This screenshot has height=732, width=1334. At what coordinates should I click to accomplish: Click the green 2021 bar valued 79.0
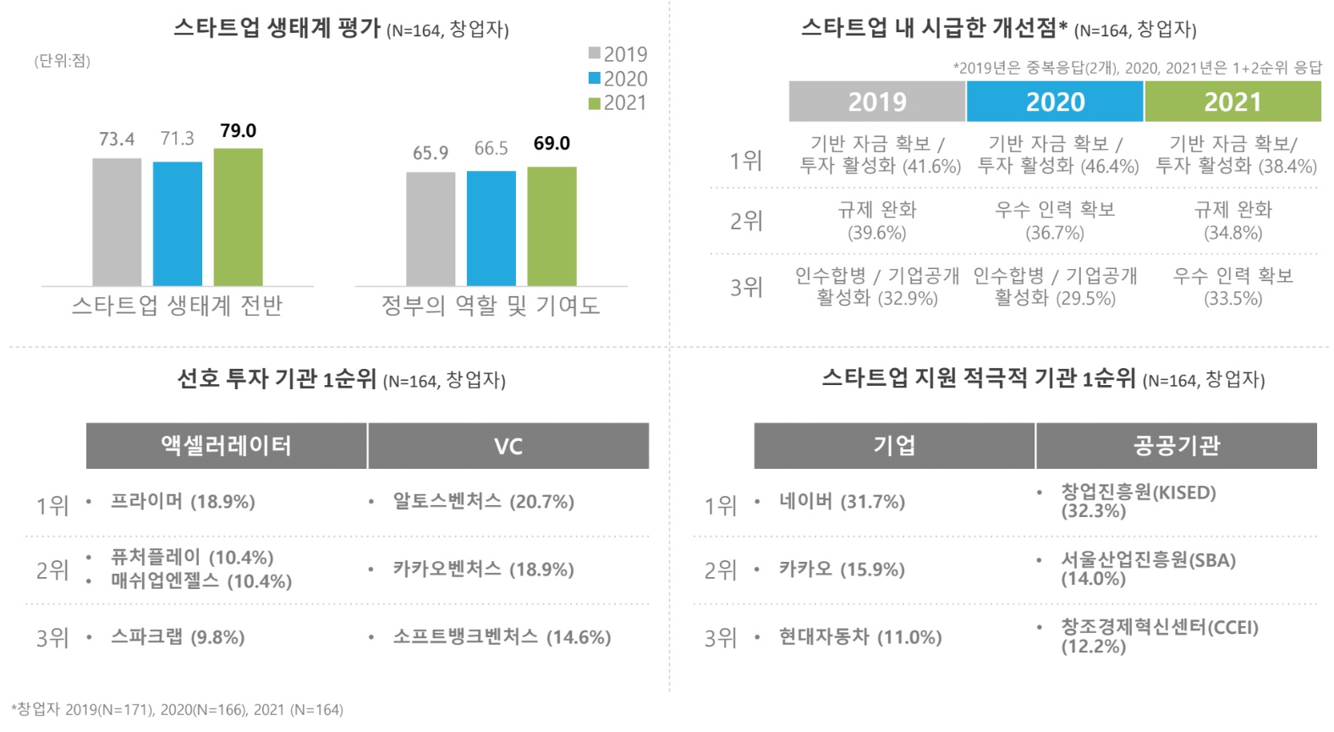tap(238, 217)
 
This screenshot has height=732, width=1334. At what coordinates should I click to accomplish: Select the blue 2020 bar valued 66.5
tap(491, 228)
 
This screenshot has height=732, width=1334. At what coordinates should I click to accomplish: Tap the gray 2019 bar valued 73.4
tap(117, 222)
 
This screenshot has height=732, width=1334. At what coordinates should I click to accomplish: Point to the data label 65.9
tap(431, 153)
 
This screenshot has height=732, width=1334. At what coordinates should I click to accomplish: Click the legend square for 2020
tap(595, 79)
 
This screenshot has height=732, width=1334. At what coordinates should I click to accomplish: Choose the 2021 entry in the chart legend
tap(618, 103)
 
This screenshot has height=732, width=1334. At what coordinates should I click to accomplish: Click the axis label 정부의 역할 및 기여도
tap(491, 305)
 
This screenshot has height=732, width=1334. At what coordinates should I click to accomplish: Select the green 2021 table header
tap(1232, 102)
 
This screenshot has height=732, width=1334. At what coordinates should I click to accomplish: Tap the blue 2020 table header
tap(1055, 102)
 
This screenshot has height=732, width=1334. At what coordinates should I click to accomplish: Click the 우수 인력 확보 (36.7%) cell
tap(1055, 221)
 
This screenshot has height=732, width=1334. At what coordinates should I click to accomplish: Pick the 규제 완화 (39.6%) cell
tap(877, 221)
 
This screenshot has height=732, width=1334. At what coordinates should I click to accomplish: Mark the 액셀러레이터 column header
tap(227, 446)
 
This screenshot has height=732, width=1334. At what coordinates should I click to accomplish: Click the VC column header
tap(508, 446)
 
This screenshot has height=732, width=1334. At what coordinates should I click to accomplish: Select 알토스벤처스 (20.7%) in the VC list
tap(483, 502)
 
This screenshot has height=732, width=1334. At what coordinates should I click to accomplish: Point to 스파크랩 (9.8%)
tap(178, 637)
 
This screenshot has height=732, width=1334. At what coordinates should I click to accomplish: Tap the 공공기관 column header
tap(1176, 446)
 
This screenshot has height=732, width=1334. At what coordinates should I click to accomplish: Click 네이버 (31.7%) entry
tap(842, 502)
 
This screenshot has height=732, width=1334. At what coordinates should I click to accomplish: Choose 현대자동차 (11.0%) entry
tap(859, 637)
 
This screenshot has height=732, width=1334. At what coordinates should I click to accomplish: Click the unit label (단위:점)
tap(63, 61)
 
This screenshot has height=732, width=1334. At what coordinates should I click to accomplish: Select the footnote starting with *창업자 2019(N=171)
tap(178, 709)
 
